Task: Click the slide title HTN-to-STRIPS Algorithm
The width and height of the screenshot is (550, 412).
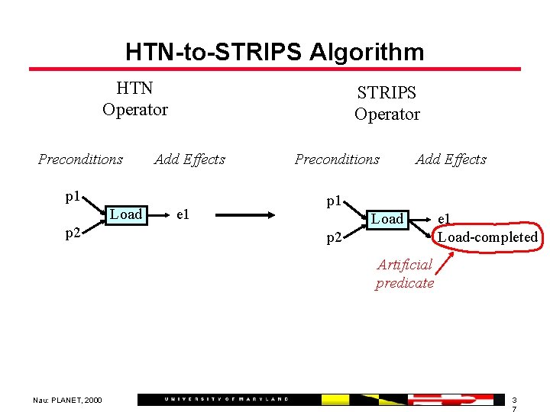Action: click(274, 52)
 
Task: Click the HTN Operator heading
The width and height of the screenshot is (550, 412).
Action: click(134, 99)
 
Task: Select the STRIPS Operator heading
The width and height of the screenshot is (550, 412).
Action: click(387, 103)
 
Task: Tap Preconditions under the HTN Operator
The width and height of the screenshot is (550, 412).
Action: click(80, 159)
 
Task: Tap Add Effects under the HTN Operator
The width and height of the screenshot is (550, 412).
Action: click(189, 159)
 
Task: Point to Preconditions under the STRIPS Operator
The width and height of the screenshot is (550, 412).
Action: click(337, 159)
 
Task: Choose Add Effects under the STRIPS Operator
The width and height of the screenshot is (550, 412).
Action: click(451, 159)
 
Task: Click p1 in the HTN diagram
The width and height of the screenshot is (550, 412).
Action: click(73, 197)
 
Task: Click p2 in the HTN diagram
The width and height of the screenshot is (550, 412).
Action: click(73, 233)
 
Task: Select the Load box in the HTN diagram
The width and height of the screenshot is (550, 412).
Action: click(126, 214)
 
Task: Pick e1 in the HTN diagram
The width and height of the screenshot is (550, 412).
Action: click(183, 214)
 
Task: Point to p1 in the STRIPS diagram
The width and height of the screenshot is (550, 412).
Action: click(334, 201)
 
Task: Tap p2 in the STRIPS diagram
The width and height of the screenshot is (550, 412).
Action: click(334, 237)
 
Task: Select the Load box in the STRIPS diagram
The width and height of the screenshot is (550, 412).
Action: click(387, 219)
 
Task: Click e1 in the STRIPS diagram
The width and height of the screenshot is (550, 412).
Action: click(444, 219)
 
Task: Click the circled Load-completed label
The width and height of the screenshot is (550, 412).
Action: click(487, 237)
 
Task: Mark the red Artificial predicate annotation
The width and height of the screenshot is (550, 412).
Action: click(405, 274)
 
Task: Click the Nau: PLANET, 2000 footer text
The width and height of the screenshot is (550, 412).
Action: click(67, 400)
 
